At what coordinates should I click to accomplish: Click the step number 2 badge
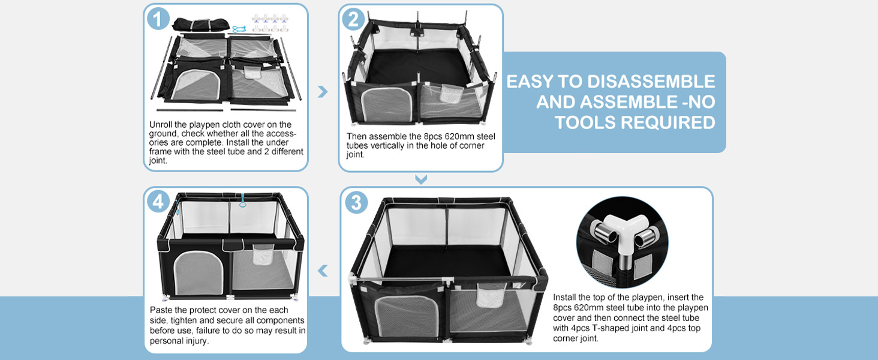(x=353, y=19)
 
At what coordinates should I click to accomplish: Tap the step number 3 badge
(x=356, y=203)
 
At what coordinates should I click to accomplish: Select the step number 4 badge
(x=158, y=202)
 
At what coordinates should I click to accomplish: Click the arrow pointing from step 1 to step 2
(x=323, y=91)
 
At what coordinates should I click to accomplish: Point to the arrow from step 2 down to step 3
(x=421, y=179)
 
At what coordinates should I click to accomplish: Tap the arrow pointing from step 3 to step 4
(x=323, y=271)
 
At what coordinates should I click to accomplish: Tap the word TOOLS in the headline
(x=585, y=122)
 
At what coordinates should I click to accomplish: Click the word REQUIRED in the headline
(x=668, y=122)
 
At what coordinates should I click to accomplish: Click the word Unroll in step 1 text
(x=161, y=125)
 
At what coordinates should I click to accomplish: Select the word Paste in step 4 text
(x=161, y=310)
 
